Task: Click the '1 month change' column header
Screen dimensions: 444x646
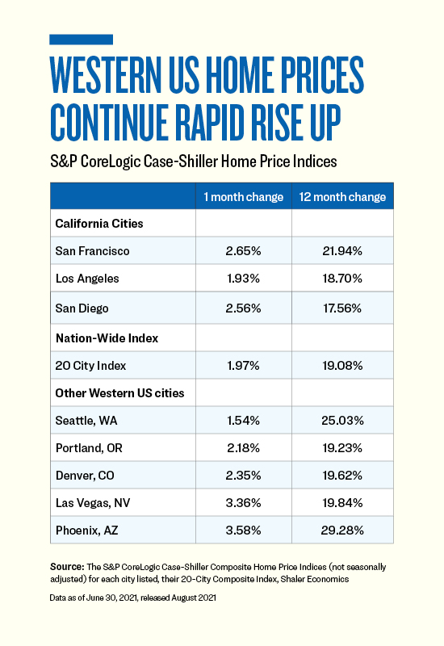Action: point(244,197)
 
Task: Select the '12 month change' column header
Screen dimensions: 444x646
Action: point(342,197)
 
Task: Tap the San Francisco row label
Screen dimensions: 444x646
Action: point(92,251)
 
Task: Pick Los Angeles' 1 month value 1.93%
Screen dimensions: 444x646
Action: point(244,279)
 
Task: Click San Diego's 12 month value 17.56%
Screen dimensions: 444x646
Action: point(342,308)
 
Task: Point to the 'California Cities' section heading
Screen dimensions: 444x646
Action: point(99,224)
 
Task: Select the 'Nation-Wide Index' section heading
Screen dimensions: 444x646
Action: point(107,338)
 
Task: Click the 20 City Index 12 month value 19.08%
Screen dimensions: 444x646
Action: point(342,366)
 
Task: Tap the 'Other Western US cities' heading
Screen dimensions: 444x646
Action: point(119,393)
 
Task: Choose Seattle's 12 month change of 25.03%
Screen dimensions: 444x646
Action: point(342,421)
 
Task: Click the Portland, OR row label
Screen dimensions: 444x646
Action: point(89,448)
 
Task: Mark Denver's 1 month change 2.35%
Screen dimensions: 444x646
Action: point(244,476)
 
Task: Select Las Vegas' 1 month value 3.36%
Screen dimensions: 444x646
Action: point(244,503)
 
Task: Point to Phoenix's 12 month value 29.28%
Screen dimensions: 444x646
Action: point(342,531)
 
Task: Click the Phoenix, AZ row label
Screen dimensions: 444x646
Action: point(87,531)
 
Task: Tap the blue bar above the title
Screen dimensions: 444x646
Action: point(82,40)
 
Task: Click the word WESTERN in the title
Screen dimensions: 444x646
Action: point(106,74)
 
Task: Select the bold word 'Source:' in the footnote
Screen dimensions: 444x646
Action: point(67,567)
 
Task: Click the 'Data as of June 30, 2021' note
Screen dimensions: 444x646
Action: point(93,598)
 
